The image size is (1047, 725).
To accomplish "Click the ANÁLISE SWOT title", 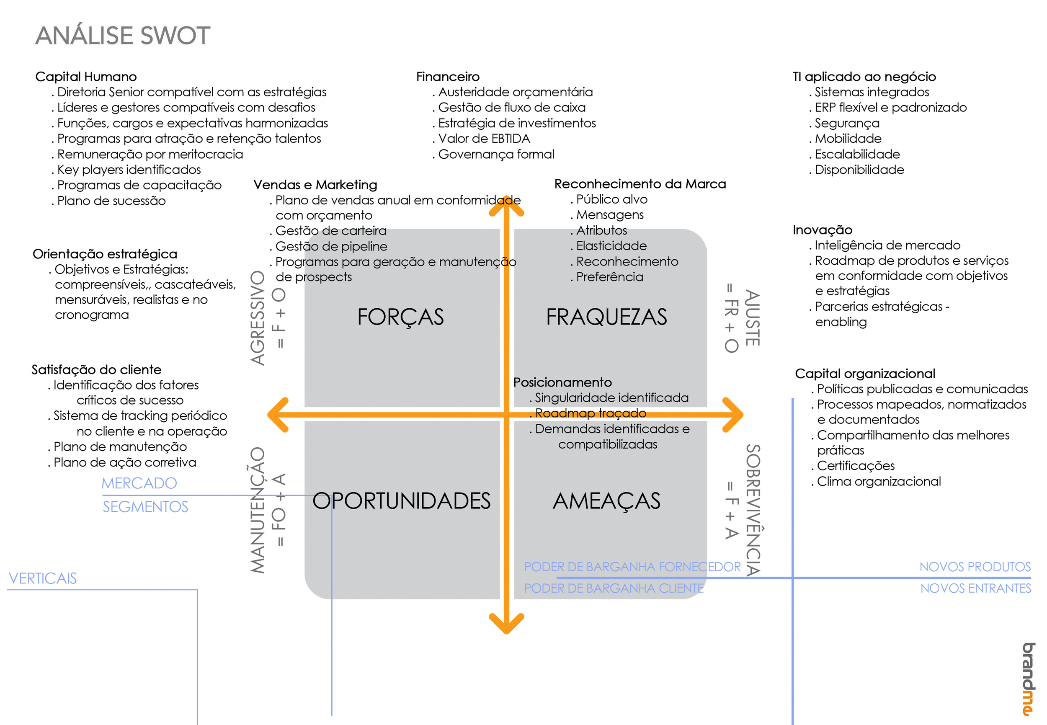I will click(123, 36).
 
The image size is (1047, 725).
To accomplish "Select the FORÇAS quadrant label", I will click(400, 317).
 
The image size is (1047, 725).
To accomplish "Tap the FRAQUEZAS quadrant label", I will click(606, 317).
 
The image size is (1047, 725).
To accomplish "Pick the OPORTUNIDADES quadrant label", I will click(401, 501).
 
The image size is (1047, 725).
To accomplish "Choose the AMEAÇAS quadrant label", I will click(606, 501).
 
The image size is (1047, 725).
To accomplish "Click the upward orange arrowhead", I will click(506, 205).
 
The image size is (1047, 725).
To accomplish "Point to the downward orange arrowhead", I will click(506, 625).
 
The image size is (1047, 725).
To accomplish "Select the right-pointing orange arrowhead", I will click(735, 414).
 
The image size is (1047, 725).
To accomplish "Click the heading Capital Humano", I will click(86, 76).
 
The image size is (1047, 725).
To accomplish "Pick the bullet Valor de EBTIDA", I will click(484, 139).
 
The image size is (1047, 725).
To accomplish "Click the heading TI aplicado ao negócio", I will click(864, 76).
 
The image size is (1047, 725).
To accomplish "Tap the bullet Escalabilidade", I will click(857, 154).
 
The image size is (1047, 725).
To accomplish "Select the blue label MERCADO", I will click(139, 483).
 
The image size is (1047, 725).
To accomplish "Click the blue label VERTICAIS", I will click(43, 578).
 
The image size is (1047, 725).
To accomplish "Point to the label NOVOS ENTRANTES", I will click(975, 588).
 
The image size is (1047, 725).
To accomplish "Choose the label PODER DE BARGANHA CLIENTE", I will click(613, 588).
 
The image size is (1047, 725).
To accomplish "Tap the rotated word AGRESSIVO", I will click(258, 318).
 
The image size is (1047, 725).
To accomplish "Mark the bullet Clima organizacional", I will click(879, 482).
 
